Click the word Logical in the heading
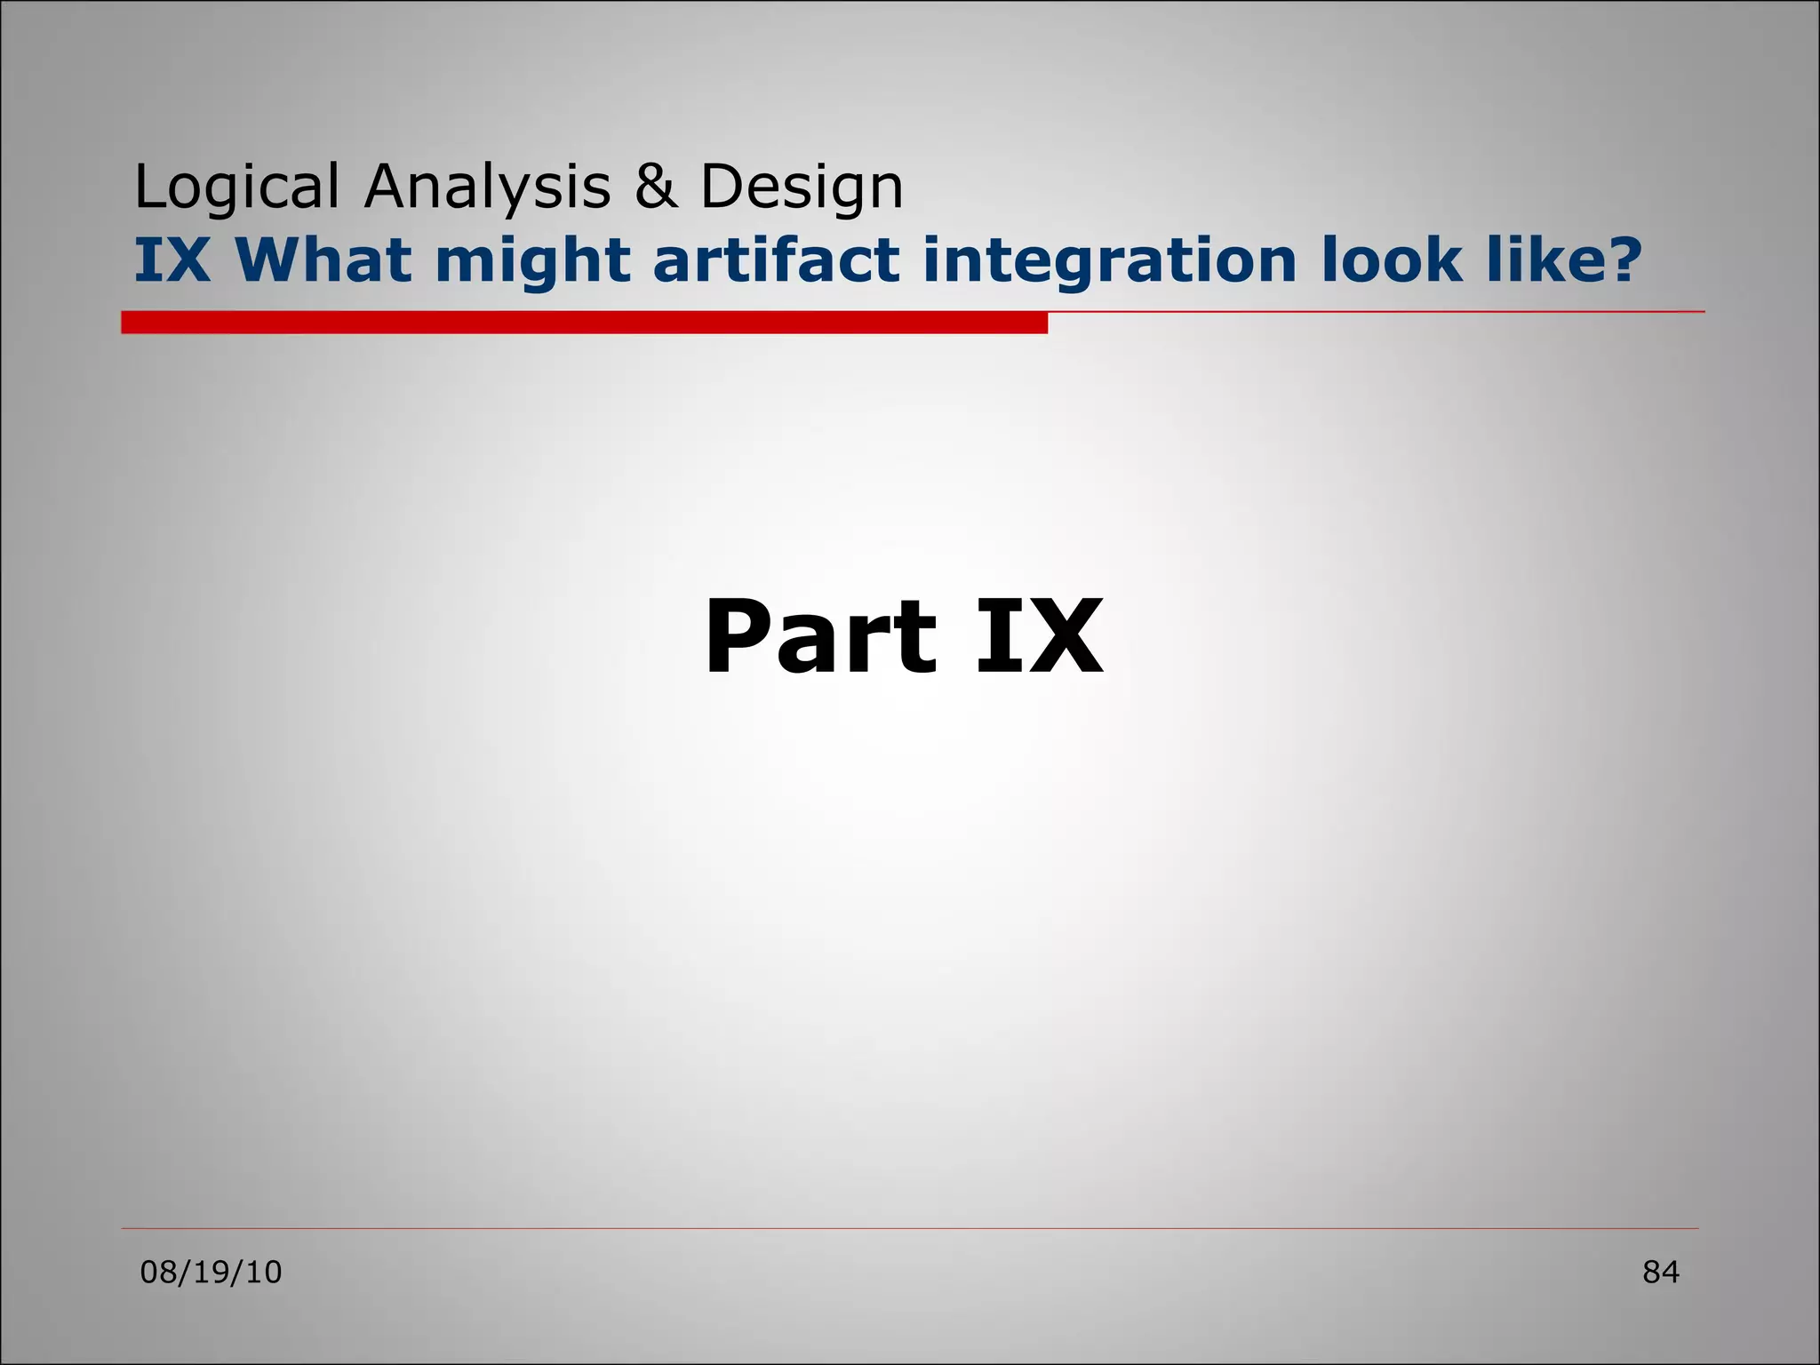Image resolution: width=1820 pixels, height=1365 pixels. (236, 188)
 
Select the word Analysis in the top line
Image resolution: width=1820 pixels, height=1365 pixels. (487, 188)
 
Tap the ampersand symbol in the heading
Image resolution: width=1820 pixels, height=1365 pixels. (655, 187)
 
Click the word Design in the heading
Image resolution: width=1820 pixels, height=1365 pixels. (802, 188)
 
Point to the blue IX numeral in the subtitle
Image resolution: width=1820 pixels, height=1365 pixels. (172, 260)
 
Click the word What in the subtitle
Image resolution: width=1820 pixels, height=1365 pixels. (324, 260)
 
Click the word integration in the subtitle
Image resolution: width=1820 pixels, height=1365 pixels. (1110, 262)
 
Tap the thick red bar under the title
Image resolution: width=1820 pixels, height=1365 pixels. (584, 323)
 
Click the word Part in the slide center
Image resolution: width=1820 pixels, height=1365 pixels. (820, 637)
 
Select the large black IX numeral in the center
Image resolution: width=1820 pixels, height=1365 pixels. (1039, 637)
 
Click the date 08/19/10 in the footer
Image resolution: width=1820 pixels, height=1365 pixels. (212, 1273)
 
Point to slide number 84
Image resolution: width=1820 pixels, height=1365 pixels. (1660, 1273)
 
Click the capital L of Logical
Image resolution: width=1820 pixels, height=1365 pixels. (148, 187)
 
